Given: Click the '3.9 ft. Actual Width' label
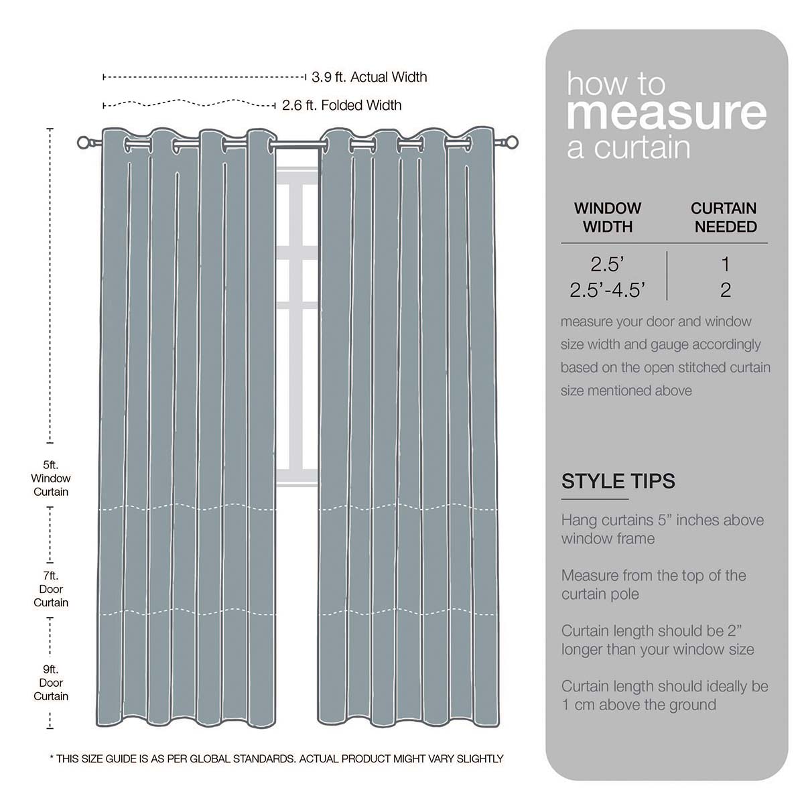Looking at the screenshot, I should tap(368, 77).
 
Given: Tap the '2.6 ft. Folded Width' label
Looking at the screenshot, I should tap(342, 105).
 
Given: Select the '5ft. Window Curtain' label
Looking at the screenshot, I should tap(51, 478).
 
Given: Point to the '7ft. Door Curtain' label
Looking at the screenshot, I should tap(51, 589).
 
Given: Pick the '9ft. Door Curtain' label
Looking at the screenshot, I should tap(51, 683).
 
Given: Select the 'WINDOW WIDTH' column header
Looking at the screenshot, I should tap(608, 217).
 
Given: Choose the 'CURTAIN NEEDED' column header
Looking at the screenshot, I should tap(724, 217).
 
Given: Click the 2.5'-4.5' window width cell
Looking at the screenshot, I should tap(608, 289).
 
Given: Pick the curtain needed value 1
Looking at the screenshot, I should tap(725, 264).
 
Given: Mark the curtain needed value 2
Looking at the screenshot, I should tap(725, 289).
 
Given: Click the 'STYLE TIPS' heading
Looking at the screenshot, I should tap(618, 481).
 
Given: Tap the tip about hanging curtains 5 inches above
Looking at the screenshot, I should tap(662, 529).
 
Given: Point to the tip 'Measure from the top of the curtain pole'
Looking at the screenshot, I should tap(653, 584).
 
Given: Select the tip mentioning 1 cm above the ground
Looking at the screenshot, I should tap(665, 695).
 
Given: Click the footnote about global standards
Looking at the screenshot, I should tap(276, 758).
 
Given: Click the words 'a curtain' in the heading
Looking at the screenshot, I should tap(628, 147).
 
